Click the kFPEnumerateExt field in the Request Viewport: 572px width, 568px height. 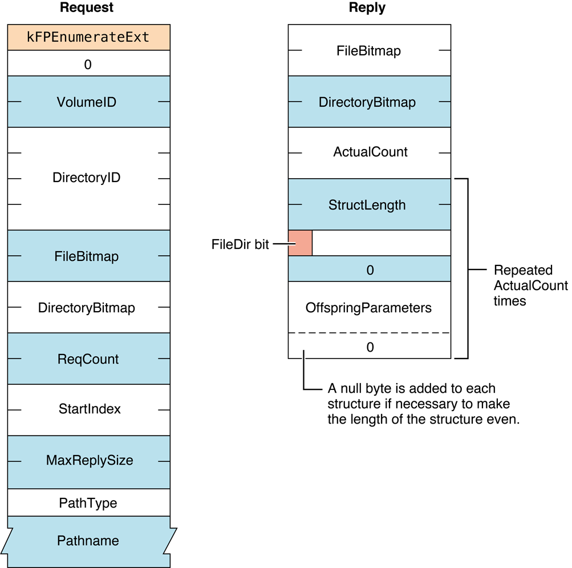point(88,38)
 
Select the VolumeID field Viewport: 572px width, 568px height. point(88,102)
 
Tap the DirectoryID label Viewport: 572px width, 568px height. point(87,178)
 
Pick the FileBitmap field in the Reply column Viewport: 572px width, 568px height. point(369,51)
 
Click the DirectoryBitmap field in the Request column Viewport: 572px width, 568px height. point(87,308)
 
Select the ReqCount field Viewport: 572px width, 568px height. point(88,359)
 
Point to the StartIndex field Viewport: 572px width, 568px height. point(90,409)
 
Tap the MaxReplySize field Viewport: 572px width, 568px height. point(90,460)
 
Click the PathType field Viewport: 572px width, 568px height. point(88,503)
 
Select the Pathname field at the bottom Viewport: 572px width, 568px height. point(88,541)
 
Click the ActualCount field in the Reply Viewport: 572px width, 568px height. point(370,152)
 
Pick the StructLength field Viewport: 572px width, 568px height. point(367,205)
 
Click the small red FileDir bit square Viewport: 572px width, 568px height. point(300,243)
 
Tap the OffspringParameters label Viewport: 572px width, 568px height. point(368,308)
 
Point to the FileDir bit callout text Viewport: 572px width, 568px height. point(240,245)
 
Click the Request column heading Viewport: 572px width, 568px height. point(87,8)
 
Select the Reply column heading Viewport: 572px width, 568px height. point(367,8)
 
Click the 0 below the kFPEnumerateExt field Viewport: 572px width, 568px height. point(88,64)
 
